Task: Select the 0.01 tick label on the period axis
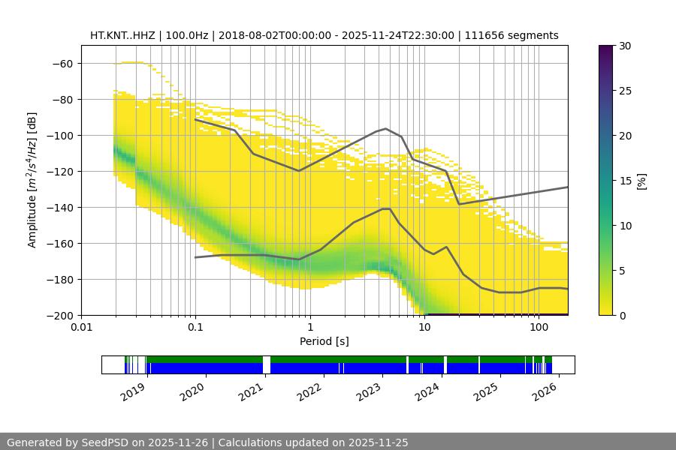click(x=81, y=328)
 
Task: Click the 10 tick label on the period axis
click(x=424, y=328)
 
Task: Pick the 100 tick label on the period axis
click(x=539, y=328)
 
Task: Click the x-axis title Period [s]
click(x=324, y=341)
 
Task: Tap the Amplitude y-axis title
click(x=32, y=179)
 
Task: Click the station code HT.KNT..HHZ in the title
click(x=122, y=35)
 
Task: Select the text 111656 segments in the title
click(x=512, y=35)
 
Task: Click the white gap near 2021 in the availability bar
click(x=267, y=364)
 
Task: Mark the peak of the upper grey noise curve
click(x=386, y=128)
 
